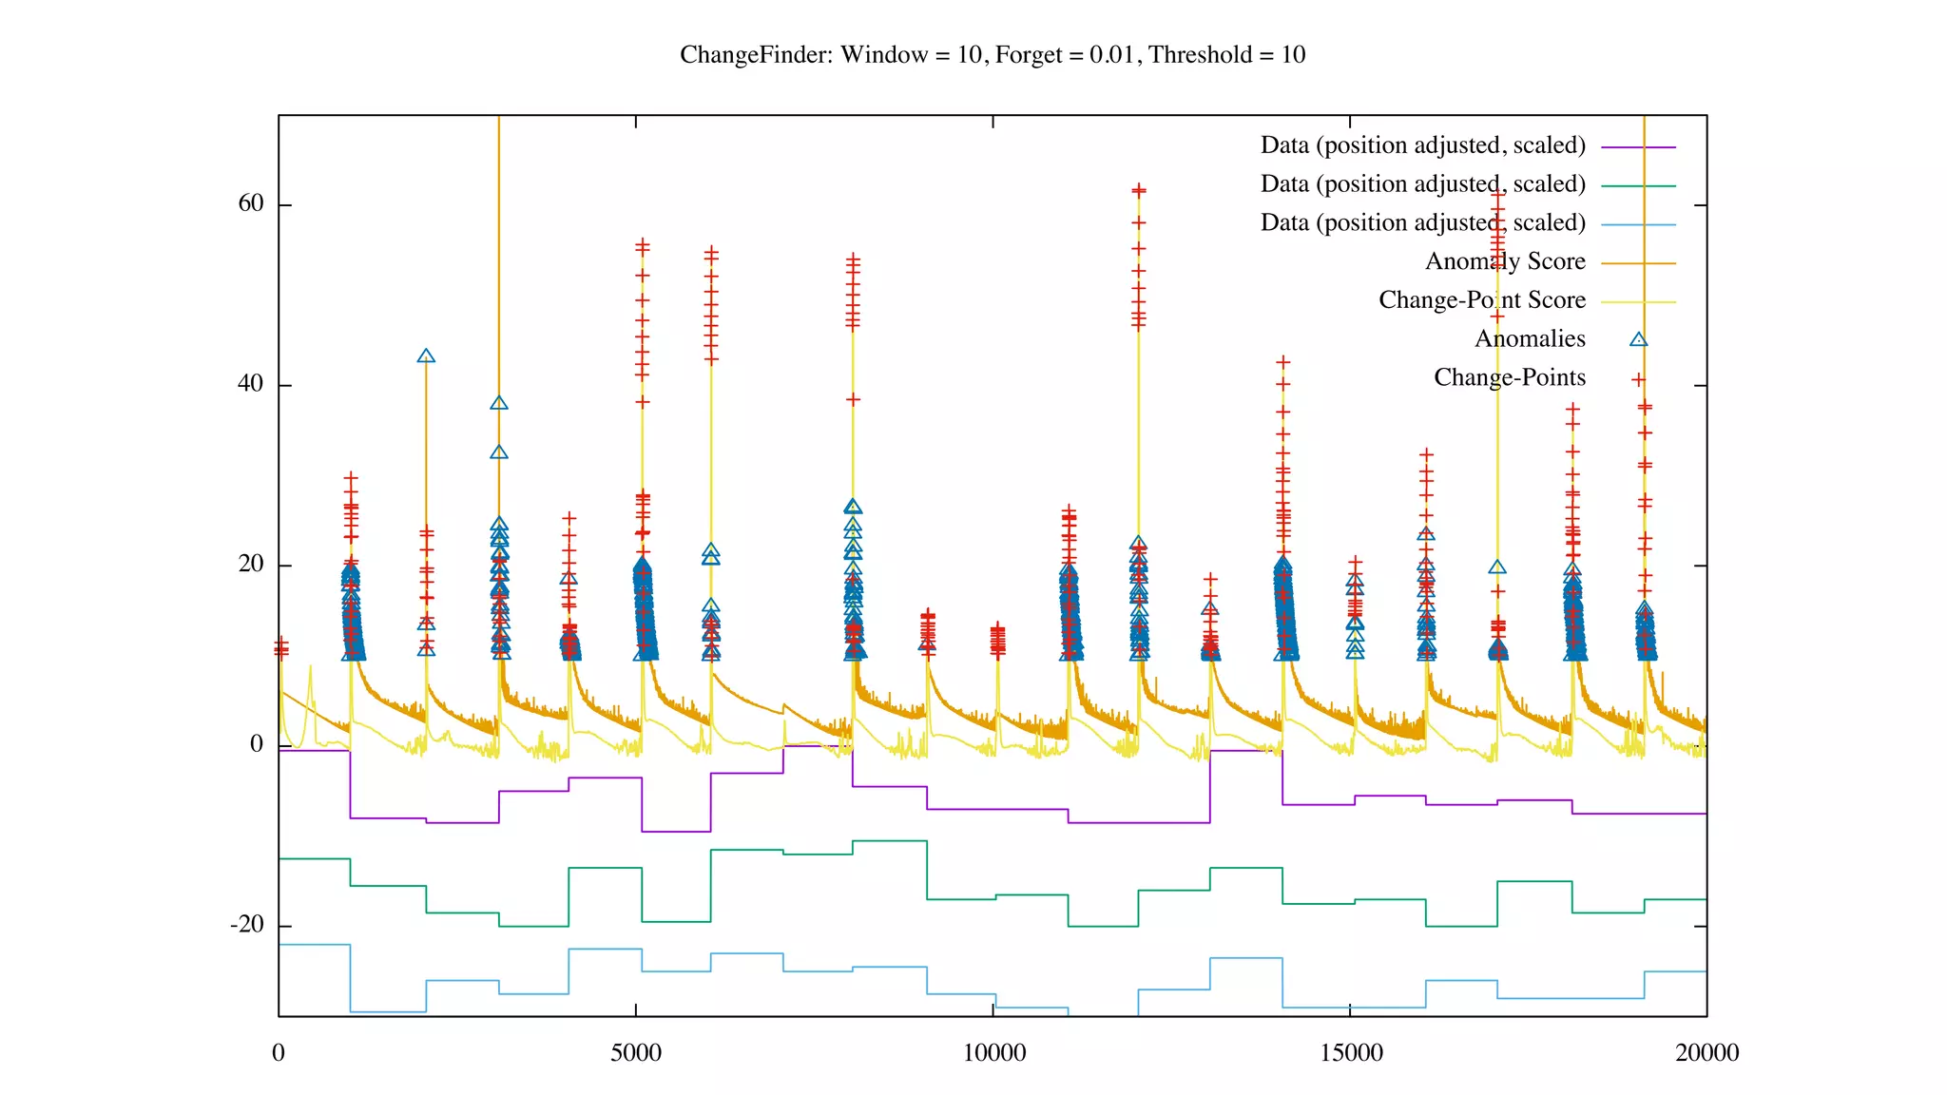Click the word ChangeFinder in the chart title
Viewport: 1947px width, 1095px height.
756,55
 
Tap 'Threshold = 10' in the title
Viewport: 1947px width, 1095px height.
1226,55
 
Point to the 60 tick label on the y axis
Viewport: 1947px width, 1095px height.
251,204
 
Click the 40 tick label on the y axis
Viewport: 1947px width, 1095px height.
251,384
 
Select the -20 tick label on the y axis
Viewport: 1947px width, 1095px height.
247,925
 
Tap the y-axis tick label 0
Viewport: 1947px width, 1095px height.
257,744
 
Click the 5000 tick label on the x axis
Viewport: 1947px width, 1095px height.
635,1053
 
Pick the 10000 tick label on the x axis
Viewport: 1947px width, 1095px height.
993,1053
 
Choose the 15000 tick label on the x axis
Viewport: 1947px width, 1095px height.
1351,1053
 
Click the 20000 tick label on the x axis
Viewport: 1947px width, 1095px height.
1707,1053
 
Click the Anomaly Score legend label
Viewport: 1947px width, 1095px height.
1505,261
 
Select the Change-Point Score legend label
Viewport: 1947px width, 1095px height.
1482,300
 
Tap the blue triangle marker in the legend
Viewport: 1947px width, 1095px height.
1638,339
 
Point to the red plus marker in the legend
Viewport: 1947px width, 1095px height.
1638,379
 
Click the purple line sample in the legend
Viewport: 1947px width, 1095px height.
1638,147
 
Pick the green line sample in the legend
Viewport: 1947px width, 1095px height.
1638,186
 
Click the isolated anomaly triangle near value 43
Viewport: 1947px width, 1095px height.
426,356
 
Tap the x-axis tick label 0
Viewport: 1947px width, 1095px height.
279,1053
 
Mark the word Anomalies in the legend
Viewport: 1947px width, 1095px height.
1530,339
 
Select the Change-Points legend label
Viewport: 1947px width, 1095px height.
1510,378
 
